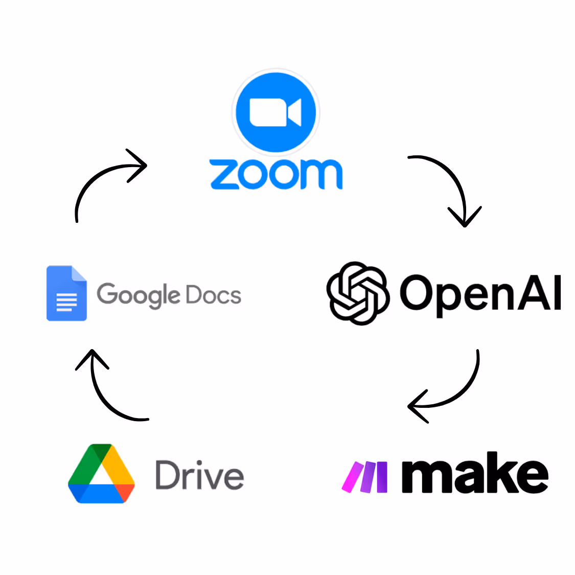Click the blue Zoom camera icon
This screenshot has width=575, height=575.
pos(276,112)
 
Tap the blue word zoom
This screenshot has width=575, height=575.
pos(276,174)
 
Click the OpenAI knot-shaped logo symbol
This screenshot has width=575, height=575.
pos(358,293)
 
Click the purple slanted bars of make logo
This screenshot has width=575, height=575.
pos(364,477)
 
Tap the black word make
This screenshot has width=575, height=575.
pos(475,472)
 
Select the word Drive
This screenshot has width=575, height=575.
pos(199,475)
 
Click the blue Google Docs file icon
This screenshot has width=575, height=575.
pos(67,293)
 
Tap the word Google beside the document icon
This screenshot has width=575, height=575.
pos(138,295)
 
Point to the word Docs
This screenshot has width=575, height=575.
pos(214,294)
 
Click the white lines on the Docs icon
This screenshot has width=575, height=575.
pos(66,302)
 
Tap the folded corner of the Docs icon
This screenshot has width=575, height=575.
pos(79,273)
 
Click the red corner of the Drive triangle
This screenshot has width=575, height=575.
pos(125,493)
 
